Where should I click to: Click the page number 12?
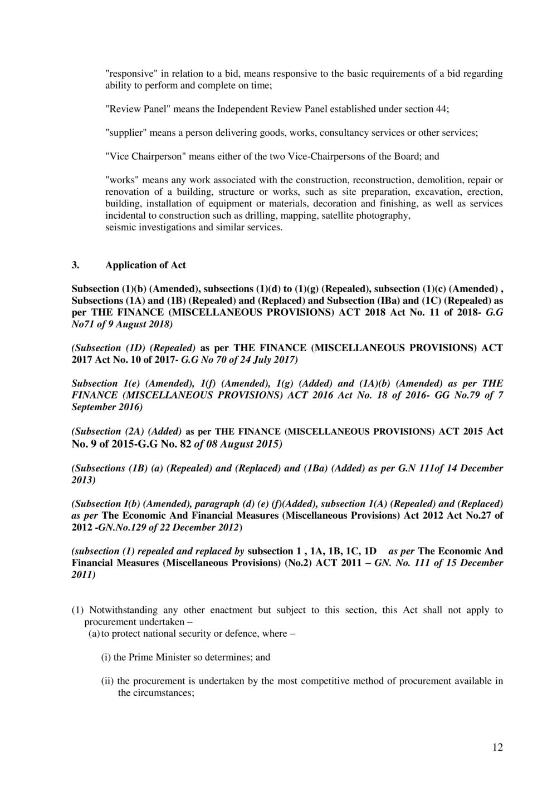click(x=497, y=747)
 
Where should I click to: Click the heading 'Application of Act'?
click(x=145, y=265)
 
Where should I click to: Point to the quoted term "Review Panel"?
click(x=134, y=109)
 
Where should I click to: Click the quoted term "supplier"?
click(x=125, y=133)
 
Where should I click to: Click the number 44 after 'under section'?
click(x=441, y=109)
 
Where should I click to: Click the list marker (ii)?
click(x=107, y=681)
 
